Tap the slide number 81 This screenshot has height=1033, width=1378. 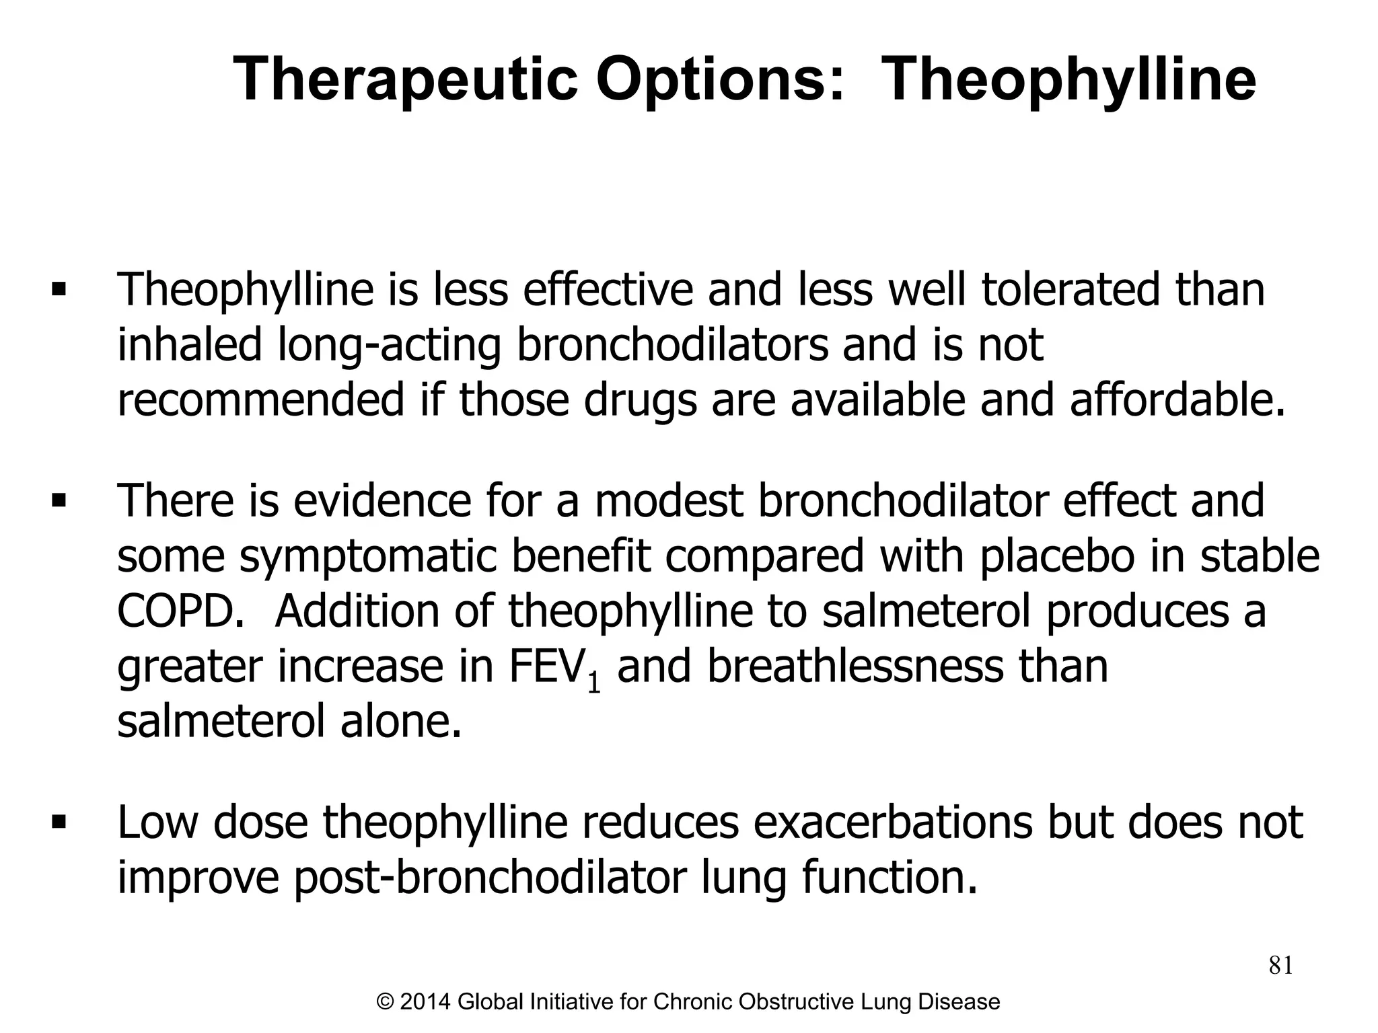click(x=1280, y=965)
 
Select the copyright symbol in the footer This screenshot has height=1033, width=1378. click(x=386, y=1002)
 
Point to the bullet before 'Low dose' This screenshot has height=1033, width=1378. click(x=59, y=822)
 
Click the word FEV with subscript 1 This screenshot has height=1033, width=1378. click(x=554, y=667)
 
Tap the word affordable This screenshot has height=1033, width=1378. click(x=1177, y=399)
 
